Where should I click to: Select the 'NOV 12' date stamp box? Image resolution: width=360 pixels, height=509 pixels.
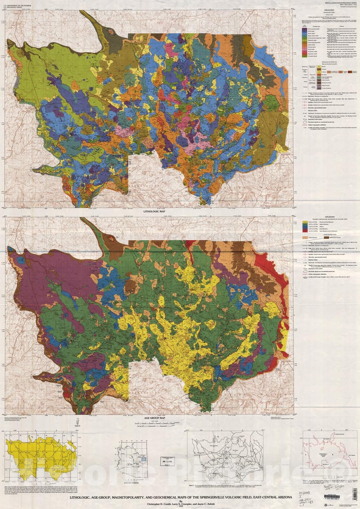(x=167, y=461)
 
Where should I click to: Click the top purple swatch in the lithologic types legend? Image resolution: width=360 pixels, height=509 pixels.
(x=304, y=28)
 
